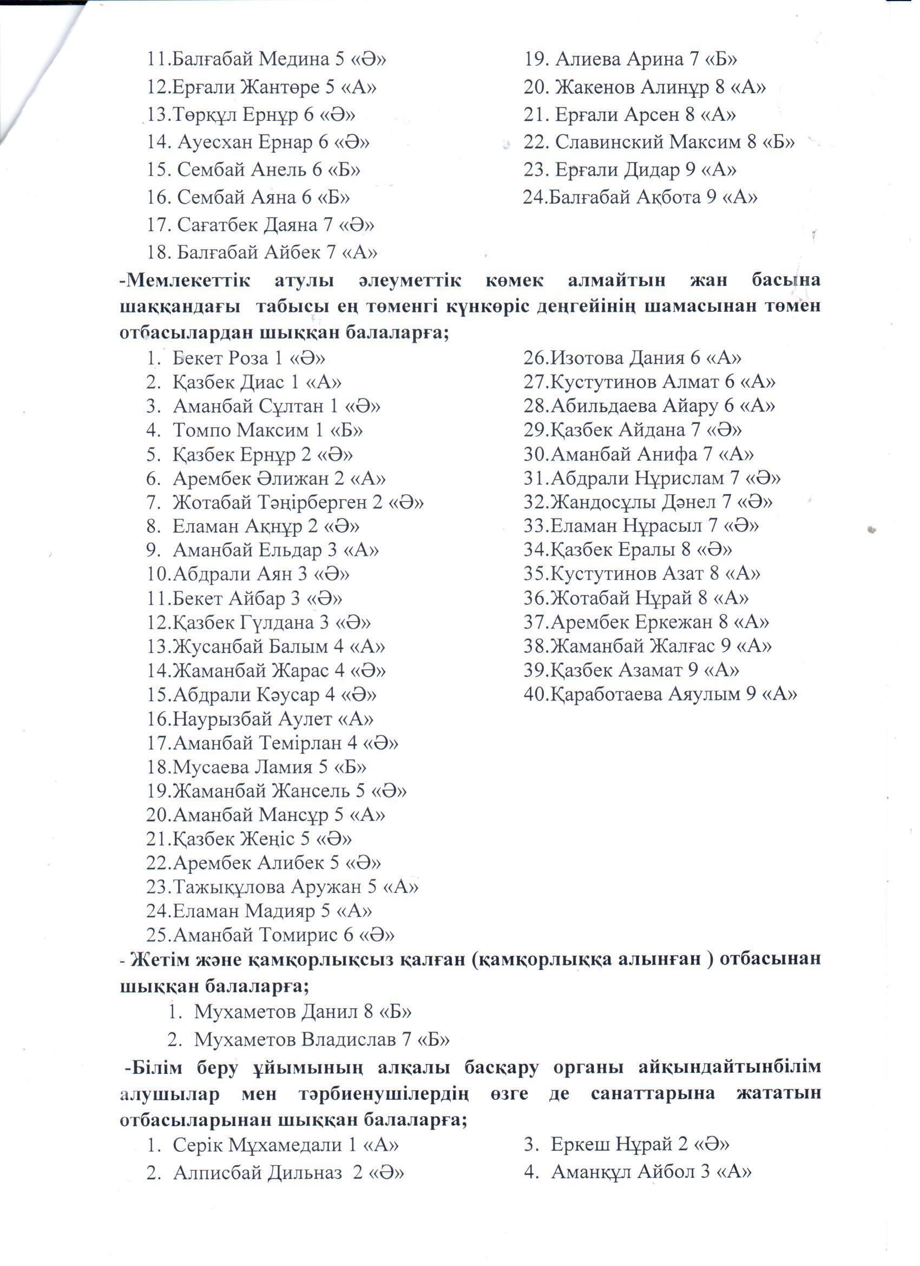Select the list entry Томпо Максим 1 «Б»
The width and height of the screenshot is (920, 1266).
[x=267, y=430]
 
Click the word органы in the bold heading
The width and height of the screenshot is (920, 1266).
[x=588, y=1067]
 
